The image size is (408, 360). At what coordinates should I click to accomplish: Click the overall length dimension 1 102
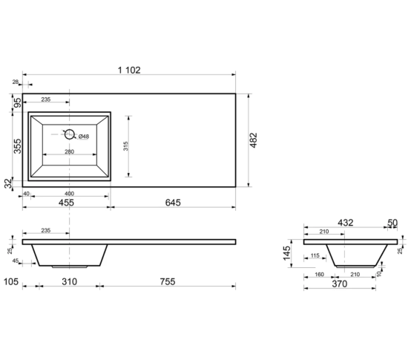coord(129,70)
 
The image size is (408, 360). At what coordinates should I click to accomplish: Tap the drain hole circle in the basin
coord(70,134)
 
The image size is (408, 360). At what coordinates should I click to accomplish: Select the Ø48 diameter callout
coord(84,136)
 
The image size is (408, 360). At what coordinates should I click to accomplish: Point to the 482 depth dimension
coord(253,140)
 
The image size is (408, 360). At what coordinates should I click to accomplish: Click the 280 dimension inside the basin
coord(69,151)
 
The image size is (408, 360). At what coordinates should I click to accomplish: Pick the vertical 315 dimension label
coord(125,146)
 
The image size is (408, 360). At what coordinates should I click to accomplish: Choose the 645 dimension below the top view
coord(173,203)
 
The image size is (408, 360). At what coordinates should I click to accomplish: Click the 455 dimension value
coord(66,203)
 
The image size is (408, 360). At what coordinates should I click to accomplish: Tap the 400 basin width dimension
coord(69,194)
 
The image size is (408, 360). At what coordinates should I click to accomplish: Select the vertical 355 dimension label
coord(17,146)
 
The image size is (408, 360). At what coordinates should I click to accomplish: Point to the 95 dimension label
coord(18,103)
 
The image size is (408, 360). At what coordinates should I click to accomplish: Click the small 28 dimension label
coord(16,82)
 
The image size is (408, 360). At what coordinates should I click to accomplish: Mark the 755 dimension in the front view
coord(168,281)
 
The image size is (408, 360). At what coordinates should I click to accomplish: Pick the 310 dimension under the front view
coord(70,281)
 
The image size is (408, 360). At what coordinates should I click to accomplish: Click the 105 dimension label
coord(11,281)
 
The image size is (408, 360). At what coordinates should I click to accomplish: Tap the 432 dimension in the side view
coord(346,223)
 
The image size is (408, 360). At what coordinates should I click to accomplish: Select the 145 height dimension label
coord(286,253)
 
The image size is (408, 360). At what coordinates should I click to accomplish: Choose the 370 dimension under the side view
coord(340,284)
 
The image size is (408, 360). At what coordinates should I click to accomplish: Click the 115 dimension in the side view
coord(315,255)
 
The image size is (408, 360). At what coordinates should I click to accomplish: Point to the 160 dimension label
coord(319,275)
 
